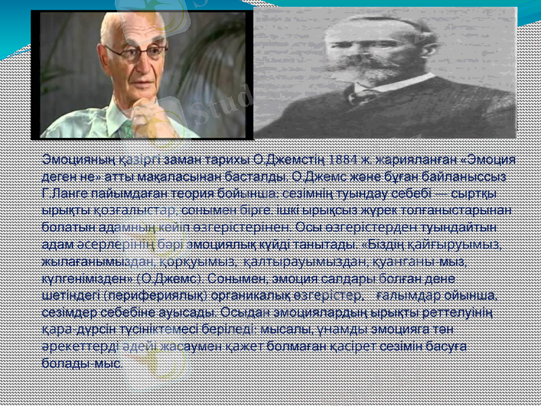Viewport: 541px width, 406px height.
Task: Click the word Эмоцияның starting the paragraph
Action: pos(71,160)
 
